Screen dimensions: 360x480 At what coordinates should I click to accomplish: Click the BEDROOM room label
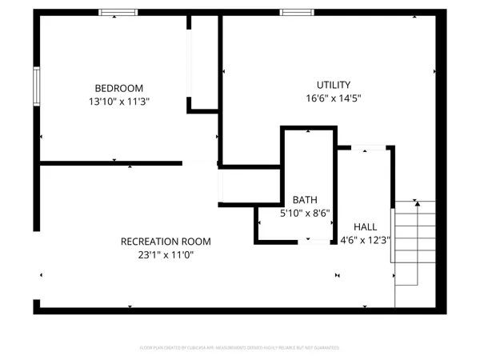pyautogui.click(x=118, y=87)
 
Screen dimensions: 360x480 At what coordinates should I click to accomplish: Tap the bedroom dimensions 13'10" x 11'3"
pyautogui.click(x=118, y=102)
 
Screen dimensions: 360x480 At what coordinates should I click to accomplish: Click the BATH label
pyautogui.click(x=303, y=199)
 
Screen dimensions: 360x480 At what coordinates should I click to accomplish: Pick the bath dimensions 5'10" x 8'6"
pyautogui.click(x=303, y=214)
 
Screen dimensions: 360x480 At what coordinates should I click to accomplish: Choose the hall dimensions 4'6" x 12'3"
pyautogui.click(x=366, y=240)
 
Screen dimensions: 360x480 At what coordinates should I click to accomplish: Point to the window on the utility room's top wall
pyautogui.click(x=296, y=12)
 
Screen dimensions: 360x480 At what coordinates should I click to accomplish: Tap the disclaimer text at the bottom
pyautogui.click(x=239, y=348)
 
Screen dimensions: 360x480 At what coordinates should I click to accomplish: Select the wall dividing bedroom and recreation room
pyautogui.click(x=112, y=163)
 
